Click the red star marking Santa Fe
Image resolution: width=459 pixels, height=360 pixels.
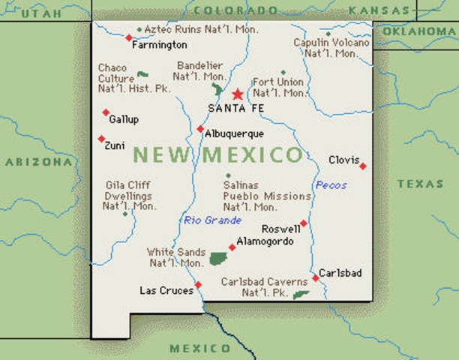tap(238, 94)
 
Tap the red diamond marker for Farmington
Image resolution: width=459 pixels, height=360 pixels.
tap(128, 37)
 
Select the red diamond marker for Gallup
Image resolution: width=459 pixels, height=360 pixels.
tap(106, 112)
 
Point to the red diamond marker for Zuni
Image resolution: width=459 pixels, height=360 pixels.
tap(101, 139)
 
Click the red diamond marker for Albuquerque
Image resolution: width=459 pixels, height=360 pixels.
tap(200, 129)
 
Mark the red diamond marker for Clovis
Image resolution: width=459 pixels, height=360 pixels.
tap(363, 166)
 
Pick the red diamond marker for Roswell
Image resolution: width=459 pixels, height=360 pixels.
tap(303, 223)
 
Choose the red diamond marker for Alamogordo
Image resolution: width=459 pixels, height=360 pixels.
tap(232, 247)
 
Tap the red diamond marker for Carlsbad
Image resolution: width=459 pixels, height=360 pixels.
tap(316, 278)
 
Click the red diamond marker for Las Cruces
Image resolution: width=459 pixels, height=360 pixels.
tap(199, 285)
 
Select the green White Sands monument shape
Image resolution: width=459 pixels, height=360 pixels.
tap(218, 259)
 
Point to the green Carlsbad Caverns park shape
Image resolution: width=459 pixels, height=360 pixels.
tap(301, 295)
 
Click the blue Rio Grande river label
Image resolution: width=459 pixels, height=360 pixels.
tap(213, 220)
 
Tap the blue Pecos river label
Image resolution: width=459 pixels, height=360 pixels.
tap(331, 185)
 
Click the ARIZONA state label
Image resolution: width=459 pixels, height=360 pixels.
tap(37, 161)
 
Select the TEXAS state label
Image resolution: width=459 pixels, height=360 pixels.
tap(420, 184)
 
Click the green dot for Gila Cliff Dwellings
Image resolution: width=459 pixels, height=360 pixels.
tap(125, 214)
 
